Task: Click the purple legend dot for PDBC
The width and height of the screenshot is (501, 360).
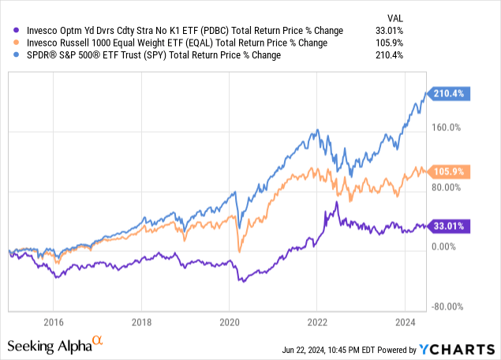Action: tap(11, 31)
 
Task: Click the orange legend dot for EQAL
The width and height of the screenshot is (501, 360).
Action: tap(11, 43)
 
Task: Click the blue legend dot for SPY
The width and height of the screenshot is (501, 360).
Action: tap(11, 56)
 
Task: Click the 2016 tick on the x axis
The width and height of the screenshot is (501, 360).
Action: tap(52, 322)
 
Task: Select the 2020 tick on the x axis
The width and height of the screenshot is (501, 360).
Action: tap(229, 322)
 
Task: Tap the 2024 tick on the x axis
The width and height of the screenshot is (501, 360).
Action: tap(405, 322)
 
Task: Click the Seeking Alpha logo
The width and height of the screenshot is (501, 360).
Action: tap(55, 345)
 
